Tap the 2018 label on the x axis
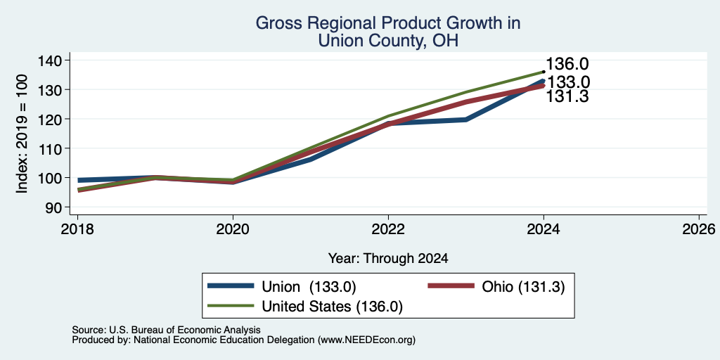(77, 229)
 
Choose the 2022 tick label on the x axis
(388, 229)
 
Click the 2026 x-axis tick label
(699, 229)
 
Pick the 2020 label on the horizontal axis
(233, 229)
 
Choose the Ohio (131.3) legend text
(523, 287)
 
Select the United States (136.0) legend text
(332, 307)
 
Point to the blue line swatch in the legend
(231, 286)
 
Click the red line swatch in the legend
(451, 286)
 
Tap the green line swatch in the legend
(231, 306)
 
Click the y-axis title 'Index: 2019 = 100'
(22, 134)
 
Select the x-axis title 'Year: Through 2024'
(388, 259)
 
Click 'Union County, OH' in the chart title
(388, 41)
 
